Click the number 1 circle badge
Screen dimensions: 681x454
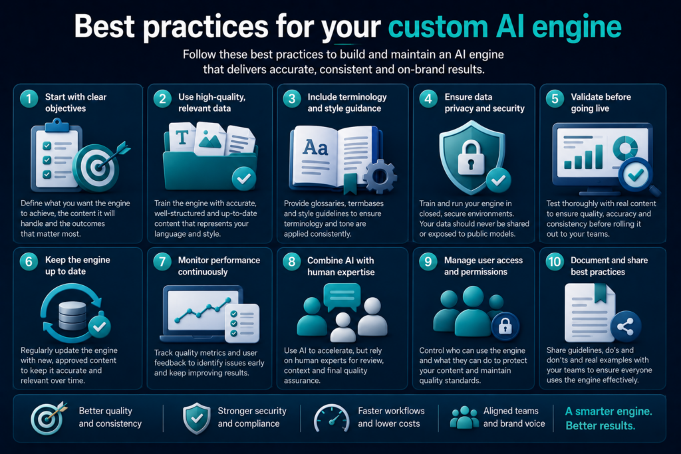(x=29, y=98)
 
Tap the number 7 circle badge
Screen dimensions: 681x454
(x=162, y=262)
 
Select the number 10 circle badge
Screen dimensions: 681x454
(x=555, y=262)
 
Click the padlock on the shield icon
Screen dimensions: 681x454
(x=471, y=157)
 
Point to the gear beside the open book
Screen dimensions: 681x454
(x=380, y=175)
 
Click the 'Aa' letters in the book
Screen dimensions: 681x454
(x=315, y=148)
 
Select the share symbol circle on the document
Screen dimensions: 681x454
(x=625, y=326)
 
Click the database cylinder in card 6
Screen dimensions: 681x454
(x=72, y=316)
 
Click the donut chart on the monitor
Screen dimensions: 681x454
(x=625, y=147)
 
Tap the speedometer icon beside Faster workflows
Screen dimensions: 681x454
(x=331, y=418)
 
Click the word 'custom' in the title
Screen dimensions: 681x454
(x=438, y=27)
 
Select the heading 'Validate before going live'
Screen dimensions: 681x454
(x=601, y=102)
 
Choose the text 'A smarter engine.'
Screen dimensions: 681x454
(x=609, y=411)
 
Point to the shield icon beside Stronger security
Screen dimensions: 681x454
(x=197, y=418)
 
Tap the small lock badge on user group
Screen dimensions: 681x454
(x=505, y=326)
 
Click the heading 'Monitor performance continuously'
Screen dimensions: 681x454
(x=219, y=266)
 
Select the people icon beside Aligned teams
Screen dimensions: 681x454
(x=464, y=417)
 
